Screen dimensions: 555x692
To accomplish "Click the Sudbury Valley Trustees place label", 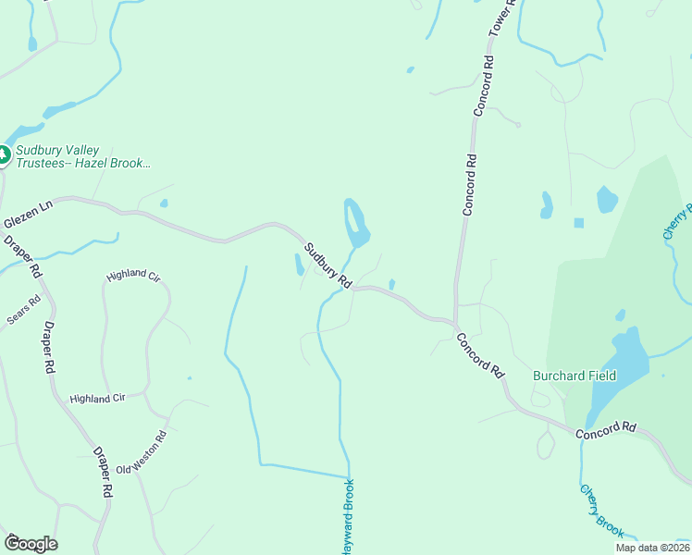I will click(x=80, y=157).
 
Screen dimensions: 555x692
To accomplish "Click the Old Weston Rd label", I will click(x=142, y=452).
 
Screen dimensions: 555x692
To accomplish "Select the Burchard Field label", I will click(x=575, y=376).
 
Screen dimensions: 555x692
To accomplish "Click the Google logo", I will click(x=31, y=543).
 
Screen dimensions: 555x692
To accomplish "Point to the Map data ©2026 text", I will click(x=652, y=548).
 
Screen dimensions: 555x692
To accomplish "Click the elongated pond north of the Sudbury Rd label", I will click(x=355, y=223).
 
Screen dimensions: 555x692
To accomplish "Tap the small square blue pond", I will click(x=579, y=223).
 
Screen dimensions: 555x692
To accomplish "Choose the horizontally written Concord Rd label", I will click(x=606, y=429).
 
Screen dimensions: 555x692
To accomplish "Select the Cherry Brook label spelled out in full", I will click(x=602, y=511).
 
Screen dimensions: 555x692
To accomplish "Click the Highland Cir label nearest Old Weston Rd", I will click(x=97, y=399).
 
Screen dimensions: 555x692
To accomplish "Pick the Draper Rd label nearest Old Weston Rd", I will click(x=102, y=475).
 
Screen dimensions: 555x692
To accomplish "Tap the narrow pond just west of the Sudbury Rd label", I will click(x=299, y=265).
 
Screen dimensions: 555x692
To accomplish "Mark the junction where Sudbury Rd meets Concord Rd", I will click(x=455, y=323).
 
